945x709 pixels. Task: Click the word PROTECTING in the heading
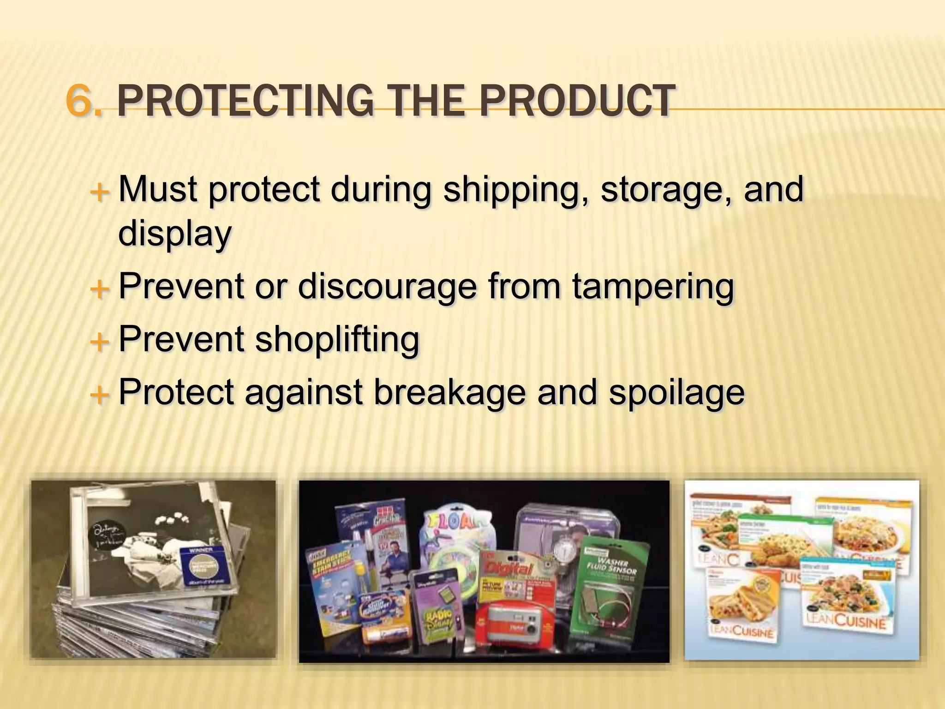(x=245, y=101)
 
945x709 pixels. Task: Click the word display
(x=175, y=234)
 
